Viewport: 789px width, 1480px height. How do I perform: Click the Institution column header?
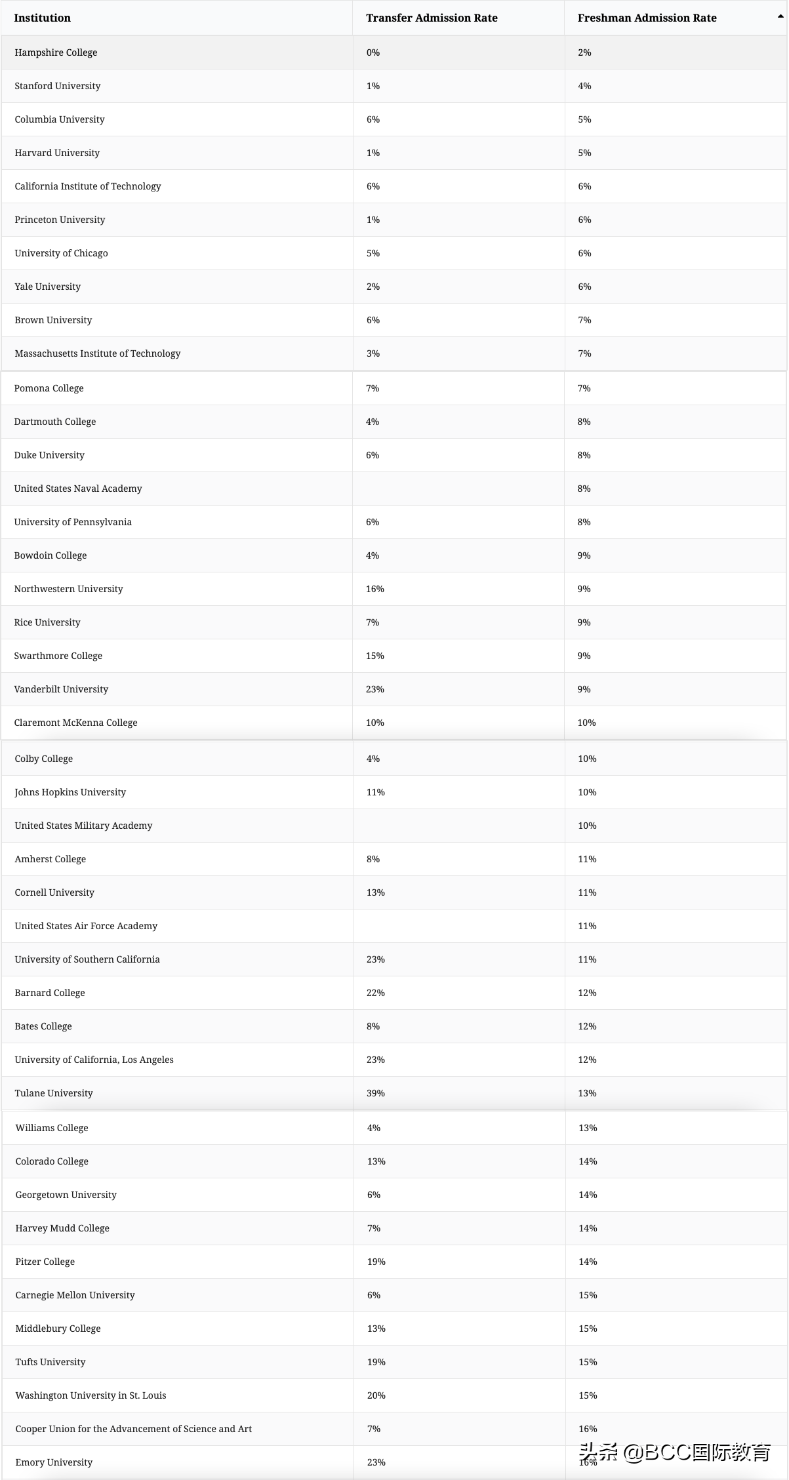pyautogui.click(x=43, y=18)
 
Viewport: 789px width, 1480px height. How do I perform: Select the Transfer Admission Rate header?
pyautogui.click(x=432, y=18)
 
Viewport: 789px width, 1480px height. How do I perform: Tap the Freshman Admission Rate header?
pyautogui.click(x=647, y=18)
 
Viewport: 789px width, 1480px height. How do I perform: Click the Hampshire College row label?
pyautogui.click(x=56, y=52)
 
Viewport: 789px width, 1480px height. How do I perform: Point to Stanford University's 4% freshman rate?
pyautogui.click(x=584, y=86)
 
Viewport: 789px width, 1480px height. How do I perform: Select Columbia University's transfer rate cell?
pyautogui.click(x=373, y=119)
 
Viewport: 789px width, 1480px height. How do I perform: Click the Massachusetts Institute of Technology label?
pyautogui.click(x=98, y=353)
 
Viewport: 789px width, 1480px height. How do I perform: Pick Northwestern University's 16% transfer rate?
pyautogui.click(x=375, y=589)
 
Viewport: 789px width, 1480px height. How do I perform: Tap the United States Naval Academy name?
pyautogui.click(x=78, y=489)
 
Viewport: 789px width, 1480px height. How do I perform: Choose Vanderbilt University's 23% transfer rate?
pyautogui.click(x=375, y=689)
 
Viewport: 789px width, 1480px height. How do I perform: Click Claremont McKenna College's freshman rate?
pyautogui.click(x=586, y=723)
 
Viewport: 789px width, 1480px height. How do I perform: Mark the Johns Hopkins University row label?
pyautogui.click(x=70, y=792)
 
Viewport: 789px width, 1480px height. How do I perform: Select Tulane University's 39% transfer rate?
pyautogui.click(x=376, y=1093)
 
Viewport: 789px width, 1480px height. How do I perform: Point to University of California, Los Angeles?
pyautogui.click(x=94, y=1060)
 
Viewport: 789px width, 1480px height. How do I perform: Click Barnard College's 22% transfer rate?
pyautogui.click(x=376, y=993)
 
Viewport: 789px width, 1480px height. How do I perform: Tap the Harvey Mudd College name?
pyautogui.click(x=62, y=1228)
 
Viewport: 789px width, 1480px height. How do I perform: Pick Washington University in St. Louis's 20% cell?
pyautogui.click(x=376, y=1395)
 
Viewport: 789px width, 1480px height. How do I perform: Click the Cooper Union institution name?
pyautogui.click(x=134, y=1429)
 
